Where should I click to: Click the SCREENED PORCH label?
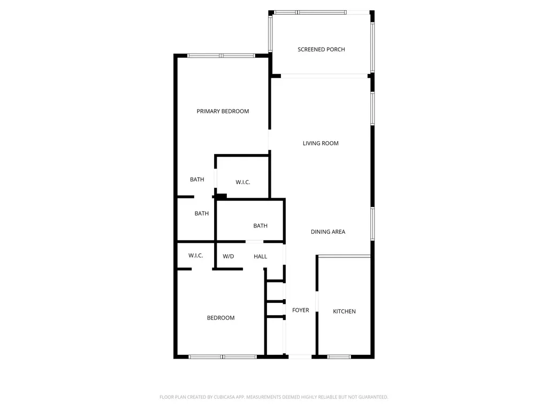tap(321, 50)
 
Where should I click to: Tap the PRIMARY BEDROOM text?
tap(223, 111)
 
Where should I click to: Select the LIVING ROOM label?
tap(321, 143)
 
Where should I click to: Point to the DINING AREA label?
tap(328, 232)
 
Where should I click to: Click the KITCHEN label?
tap(344, 311)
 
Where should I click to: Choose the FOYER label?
tap(301, 310)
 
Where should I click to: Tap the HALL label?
tap(261, 257)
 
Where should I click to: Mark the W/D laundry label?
tap(229, 257)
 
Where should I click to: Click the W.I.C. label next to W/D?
tap(195, 256)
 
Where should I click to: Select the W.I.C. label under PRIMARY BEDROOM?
tap(243, 182)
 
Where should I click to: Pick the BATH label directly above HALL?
tap(261, 226)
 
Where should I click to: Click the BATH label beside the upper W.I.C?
tap(197, 180)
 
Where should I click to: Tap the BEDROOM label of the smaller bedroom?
tap(221, 318)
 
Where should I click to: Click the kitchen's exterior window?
tap(339, 356)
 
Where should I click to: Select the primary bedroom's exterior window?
tap(221, 55)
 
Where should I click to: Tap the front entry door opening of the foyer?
tap(300, 356)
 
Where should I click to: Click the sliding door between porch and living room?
tap(324, 75)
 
